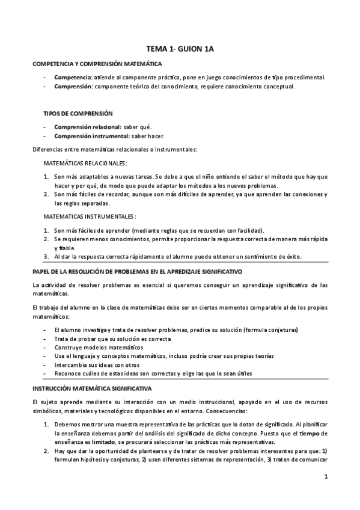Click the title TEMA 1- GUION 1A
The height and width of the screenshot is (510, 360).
point(180,52)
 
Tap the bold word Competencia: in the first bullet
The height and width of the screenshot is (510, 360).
point(73,78)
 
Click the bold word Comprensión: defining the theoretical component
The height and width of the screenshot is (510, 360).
point(74,87)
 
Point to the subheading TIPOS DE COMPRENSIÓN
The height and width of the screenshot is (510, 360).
point(78,113)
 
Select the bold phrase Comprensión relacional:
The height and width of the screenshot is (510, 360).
point(87,127)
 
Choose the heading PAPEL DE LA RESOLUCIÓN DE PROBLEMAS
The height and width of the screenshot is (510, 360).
point(129,272)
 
